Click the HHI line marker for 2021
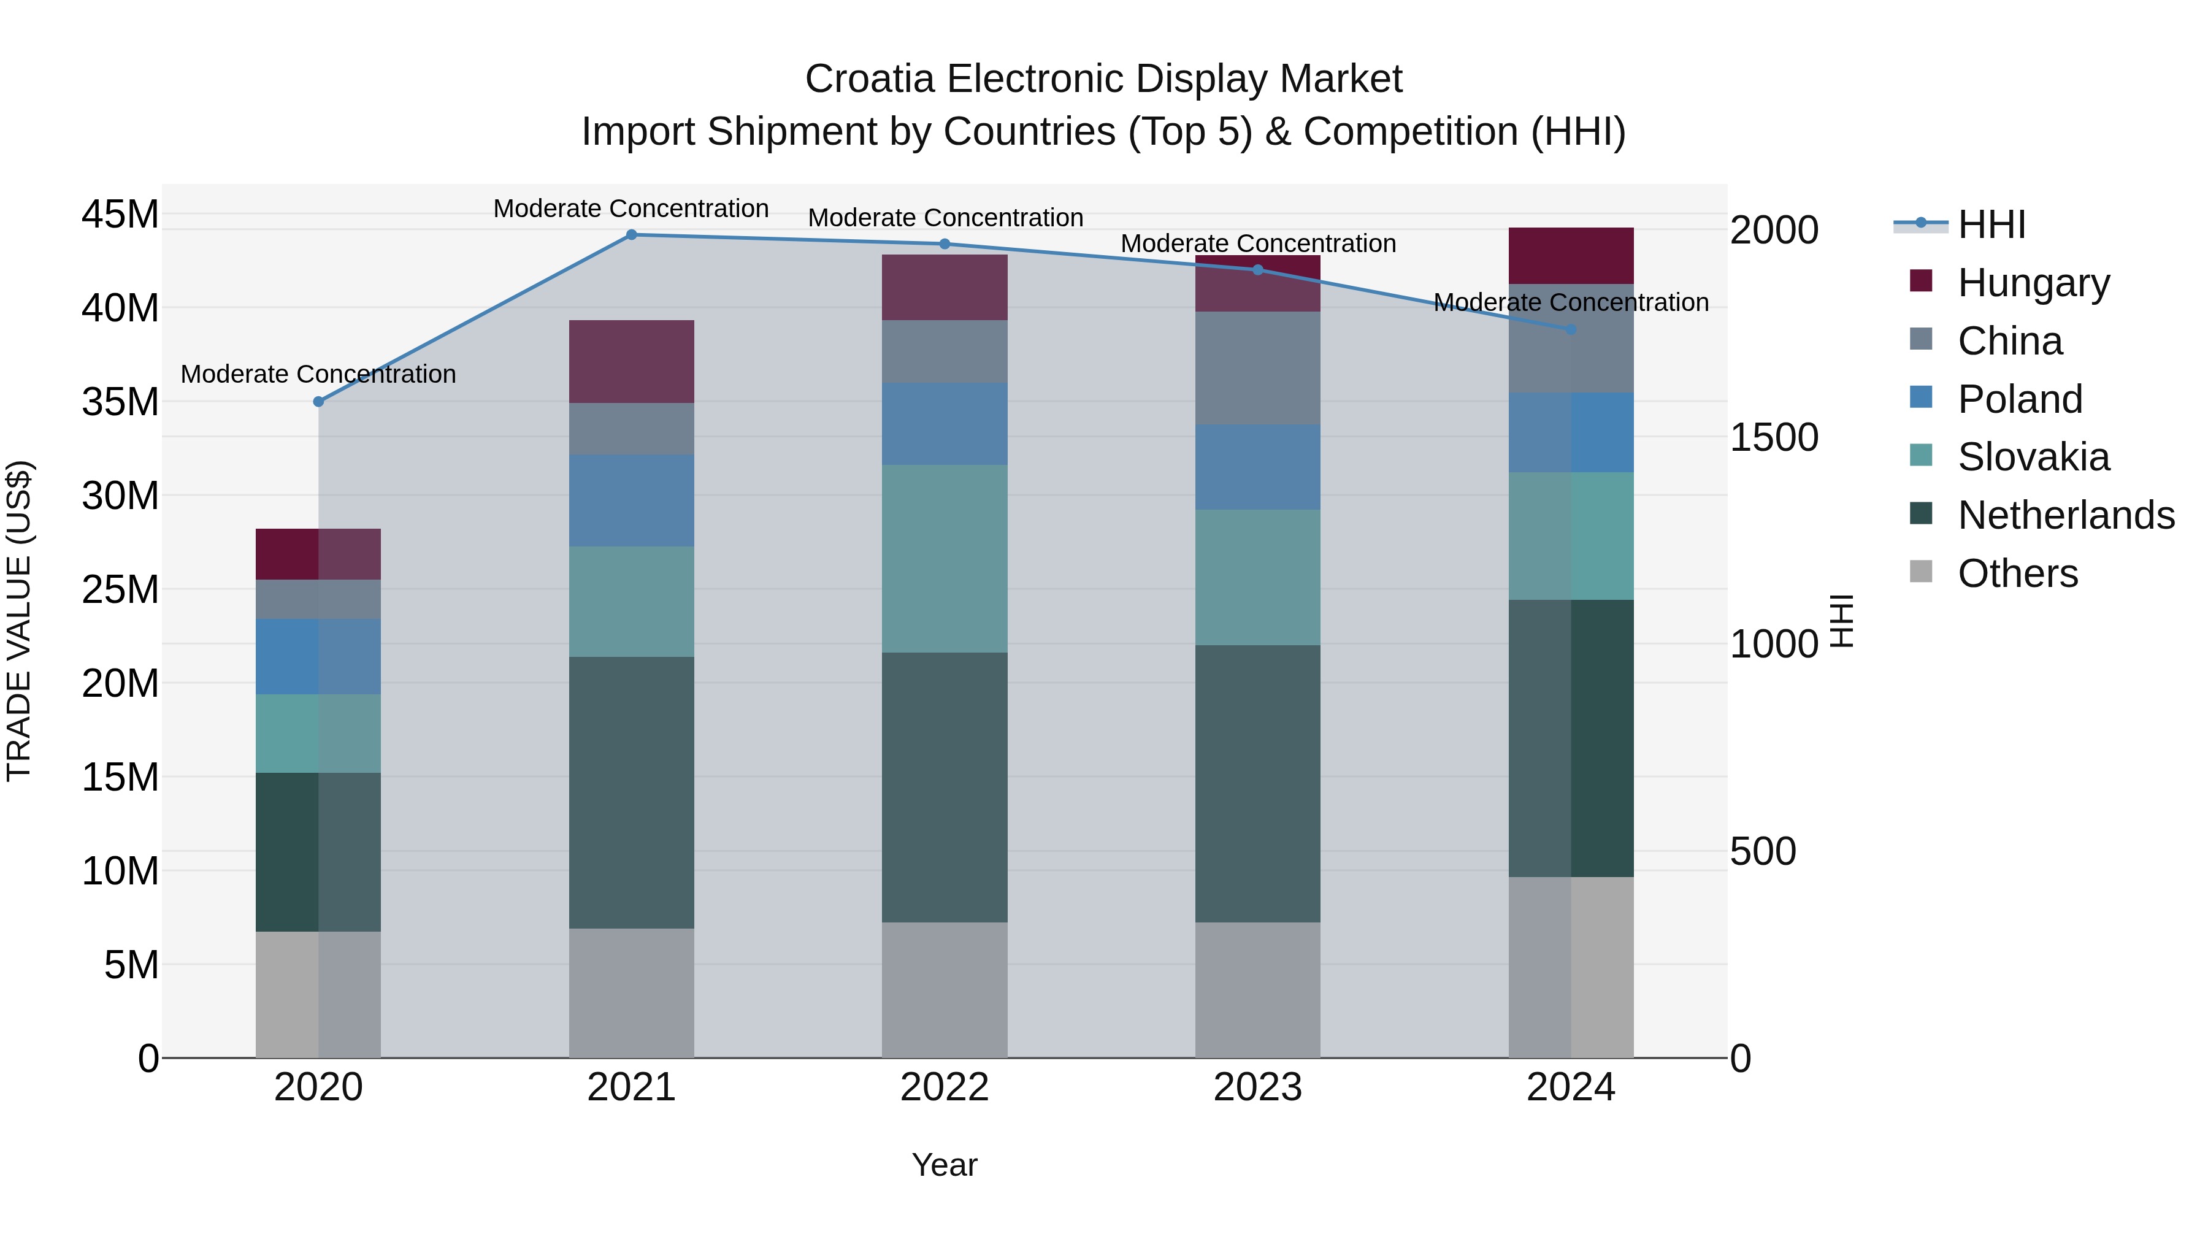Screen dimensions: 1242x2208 pos(632,235)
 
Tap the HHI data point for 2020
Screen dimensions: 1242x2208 pos(319,402)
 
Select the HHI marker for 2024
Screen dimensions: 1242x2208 pos(1571,329)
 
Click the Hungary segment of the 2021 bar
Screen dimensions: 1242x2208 pos(632,362)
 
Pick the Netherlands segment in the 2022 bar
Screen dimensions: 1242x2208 pos(945,787)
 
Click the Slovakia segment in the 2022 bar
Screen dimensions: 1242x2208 pos(945,559)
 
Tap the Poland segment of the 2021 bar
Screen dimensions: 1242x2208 pos(632,500)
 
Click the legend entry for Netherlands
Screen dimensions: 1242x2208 pos(2066,516)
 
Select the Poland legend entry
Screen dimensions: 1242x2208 pos(2020,399)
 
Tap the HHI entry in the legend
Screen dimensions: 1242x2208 pos(1990,224)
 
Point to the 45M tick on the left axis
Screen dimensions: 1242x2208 pos(120,214)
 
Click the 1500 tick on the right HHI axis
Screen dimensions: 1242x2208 pos(1773,437)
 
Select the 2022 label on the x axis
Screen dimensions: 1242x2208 pos(945,1087)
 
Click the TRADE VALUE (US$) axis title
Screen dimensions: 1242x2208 pos(19,621)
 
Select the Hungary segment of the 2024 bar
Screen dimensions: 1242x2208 pos(1571,255)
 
